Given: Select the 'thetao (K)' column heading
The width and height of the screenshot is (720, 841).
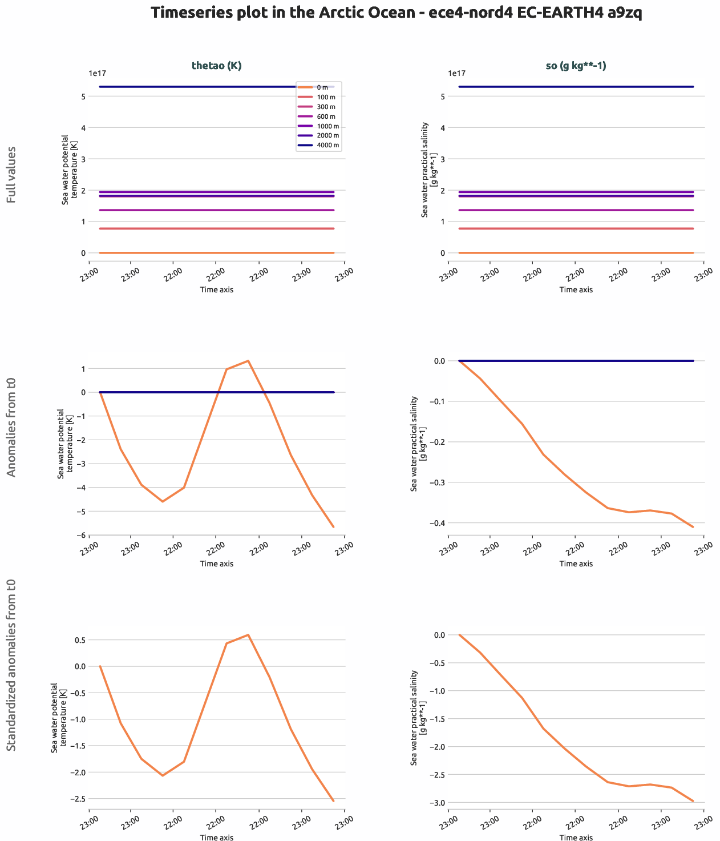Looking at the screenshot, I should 216,66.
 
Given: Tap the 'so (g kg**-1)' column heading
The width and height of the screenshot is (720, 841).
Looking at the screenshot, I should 576,66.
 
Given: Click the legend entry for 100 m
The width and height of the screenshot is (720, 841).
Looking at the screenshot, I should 326,97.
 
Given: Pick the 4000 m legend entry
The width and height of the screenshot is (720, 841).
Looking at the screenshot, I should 327,145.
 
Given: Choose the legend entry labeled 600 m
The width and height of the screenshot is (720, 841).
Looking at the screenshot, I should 326,116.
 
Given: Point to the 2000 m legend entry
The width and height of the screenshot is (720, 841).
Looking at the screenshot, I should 327,135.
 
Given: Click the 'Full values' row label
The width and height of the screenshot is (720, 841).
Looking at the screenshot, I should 11,175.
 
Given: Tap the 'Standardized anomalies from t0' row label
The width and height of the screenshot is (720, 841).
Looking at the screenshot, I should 11,666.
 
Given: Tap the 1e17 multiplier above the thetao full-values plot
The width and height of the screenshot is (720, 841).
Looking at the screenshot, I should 98,73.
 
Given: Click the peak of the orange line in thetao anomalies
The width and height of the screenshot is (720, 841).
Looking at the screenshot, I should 248,361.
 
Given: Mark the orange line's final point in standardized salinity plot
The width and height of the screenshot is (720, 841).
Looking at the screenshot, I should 693,801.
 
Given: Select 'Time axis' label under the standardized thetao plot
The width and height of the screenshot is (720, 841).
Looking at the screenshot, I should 216,838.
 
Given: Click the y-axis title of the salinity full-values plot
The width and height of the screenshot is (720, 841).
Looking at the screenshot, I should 428,170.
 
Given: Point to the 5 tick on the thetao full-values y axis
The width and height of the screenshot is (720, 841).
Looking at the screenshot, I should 83,96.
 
